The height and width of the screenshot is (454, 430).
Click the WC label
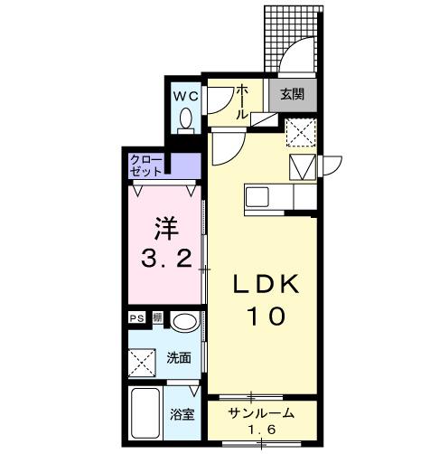[186, 95]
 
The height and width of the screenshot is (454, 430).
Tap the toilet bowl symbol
[186, 118]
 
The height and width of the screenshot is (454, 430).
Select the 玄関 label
[292, 94]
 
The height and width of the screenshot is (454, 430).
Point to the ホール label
[242, 102]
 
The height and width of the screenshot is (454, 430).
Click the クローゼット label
[146, 166]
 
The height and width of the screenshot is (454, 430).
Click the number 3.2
[166, 260]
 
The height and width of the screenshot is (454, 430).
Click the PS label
[136, 318]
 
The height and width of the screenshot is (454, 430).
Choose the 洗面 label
[179, 358]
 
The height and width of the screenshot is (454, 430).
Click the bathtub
[146, 416]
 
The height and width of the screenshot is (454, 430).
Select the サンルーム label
[260, 413]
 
